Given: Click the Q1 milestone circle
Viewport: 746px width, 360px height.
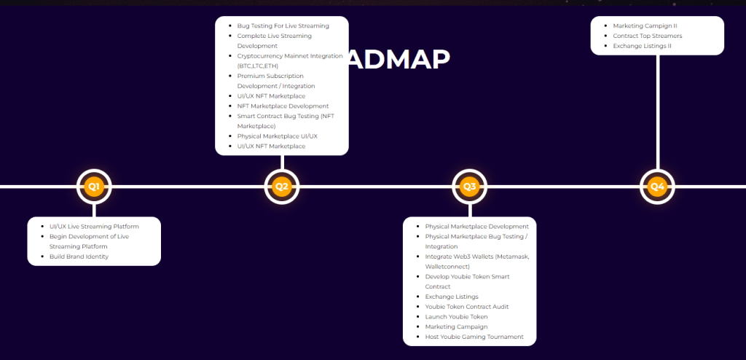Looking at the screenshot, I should point(94,187).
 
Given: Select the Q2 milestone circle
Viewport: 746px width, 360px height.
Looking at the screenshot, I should point(282,187).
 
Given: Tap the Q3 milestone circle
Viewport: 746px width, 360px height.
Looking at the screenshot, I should point(470,187).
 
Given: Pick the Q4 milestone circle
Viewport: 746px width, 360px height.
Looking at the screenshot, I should point(657,187).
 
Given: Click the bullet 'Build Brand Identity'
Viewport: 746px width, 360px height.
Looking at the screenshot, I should point(79,257).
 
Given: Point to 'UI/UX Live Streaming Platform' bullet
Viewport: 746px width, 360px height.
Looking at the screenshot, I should point(94,227).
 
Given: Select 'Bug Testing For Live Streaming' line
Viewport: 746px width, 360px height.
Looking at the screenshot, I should point(283,26).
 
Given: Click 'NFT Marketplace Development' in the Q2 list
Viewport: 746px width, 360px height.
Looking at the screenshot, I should point(283,106).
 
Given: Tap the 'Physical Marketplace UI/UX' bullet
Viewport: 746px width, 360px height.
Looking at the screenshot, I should point(277,136).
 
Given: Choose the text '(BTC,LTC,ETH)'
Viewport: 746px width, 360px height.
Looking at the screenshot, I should point(257,66).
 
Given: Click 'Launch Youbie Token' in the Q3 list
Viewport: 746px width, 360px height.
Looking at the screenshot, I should point(456,317).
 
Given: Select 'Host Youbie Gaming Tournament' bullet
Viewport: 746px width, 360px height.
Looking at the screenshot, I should point(474,337).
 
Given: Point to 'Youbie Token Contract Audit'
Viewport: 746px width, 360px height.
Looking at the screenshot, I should point(467,307).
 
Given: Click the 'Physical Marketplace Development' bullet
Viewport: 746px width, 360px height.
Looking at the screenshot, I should point(476,227).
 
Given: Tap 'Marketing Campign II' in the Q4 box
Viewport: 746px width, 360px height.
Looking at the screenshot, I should point(645,26).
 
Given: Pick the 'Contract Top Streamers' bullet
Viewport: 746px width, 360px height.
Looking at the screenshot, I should point(647,36).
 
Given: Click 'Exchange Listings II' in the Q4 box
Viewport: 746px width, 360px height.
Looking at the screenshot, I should point(642,46).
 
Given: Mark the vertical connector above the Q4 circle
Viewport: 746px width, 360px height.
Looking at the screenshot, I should point(657,109).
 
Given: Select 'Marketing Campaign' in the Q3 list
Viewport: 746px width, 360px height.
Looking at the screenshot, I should point(456,326).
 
